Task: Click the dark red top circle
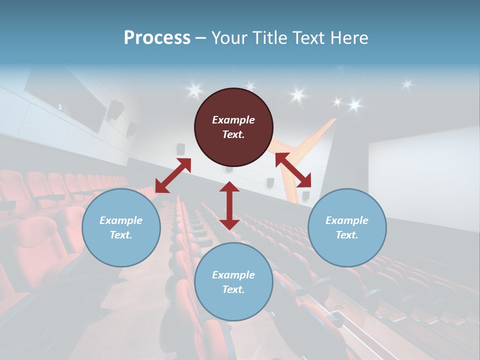[x=233, y=127]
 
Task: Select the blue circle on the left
[x=121, y=228]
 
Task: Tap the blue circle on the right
[x=347, y=228]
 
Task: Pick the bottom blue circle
[x=233, y=282]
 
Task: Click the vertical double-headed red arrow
[x=229, y=205]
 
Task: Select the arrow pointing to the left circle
[x=173, y=175]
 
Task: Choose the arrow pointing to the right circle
[x=293, y=170]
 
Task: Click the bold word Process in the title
[x=157, y=38]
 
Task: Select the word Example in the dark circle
[x=233, y=120]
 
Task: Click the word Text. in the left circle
[x=121, y=235]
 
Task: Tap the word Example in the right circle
[x=347, y=220]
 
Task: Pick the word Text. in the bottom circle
[x=233, y=289]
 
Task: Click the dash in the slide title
[x=201, y=38]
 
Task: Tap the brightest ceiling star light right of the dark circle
[x=298, y=94]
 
